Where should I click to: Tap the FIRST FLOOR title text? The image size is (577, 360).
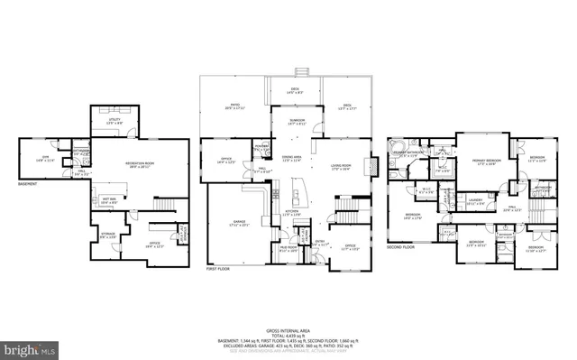coord(220,270)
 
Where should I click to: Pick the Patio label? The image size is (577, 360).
coord(234,105)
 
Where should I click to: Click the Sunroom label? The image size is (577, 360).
coord(297,120)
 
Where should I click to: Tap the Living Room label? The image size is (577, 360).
coord(341,165)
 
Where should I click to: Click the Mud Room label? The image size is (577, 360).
coord(288,247)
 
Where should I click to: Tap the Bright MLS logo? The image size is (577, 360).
coord(30,346)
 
